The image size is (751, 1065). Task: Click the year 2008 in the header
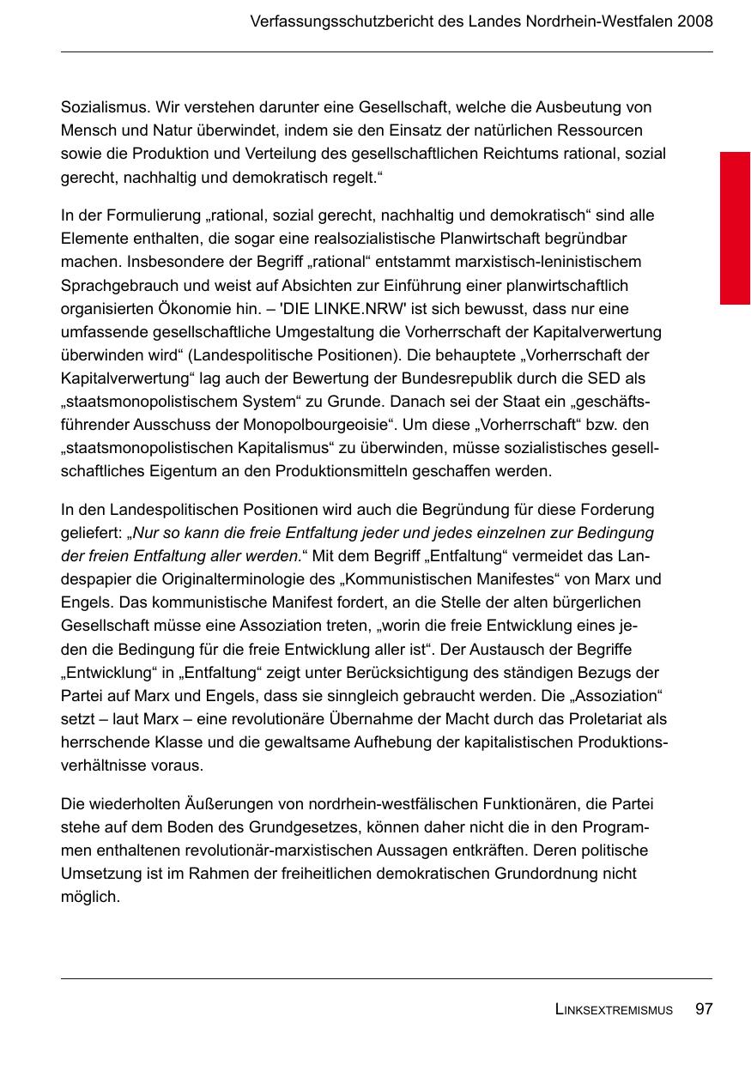694,21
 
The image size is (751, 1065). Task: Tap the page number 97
704,1009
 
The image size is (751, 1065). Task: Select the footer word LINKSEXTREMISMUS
614,1010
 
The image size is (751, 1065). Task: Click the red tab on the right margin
735,227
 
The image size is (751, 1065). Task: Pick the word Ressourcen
602,130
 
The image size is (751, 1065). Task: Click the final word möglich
89,898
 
